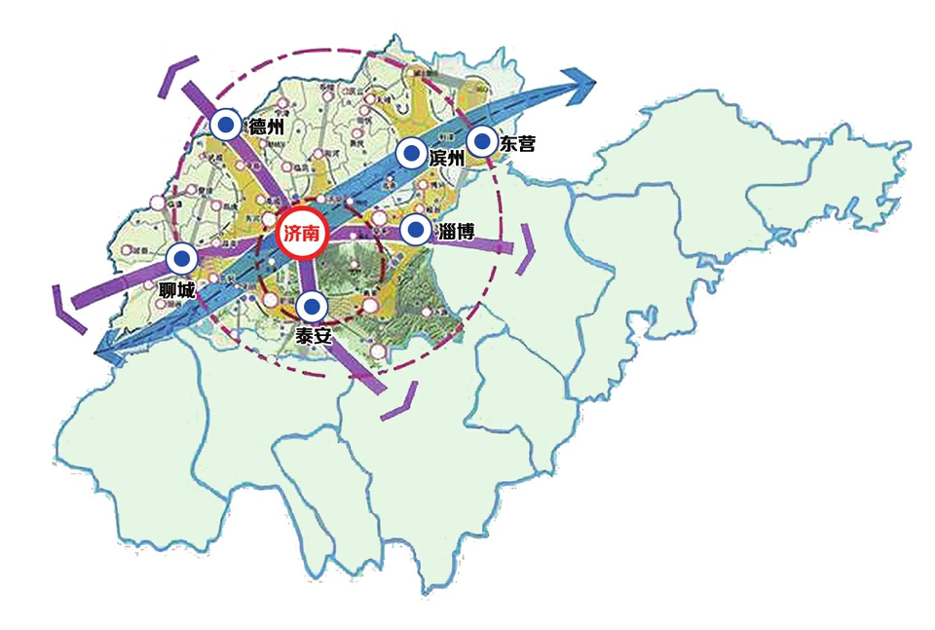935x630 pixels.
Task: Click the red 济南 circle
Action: (302, 234)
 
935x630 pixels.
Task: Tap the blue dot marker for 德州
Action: (226, 125)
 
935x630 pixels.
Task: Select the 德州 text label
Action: (267, 126)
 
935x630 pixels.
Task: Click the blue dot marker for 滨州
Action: (412, 154)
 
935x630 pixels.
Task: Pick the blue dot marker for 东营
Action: (481, 141)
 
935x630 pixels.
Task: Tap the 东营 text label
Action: (517, 143)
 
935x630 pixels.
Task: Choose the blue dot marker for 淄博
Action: (416, 231)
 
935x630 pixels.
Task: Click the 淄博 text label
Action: (457, 232)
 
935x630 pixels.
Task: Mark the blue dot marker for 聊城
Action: (181, 259)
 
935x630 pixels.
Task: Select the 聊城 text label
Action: (178, 290)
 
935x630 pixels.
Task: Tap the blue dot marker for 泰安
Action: (311, 308)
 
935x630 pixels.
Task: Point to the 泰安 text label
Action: (315, 338)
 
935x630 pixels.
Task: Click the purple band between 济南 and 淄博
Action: (365, 232)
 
